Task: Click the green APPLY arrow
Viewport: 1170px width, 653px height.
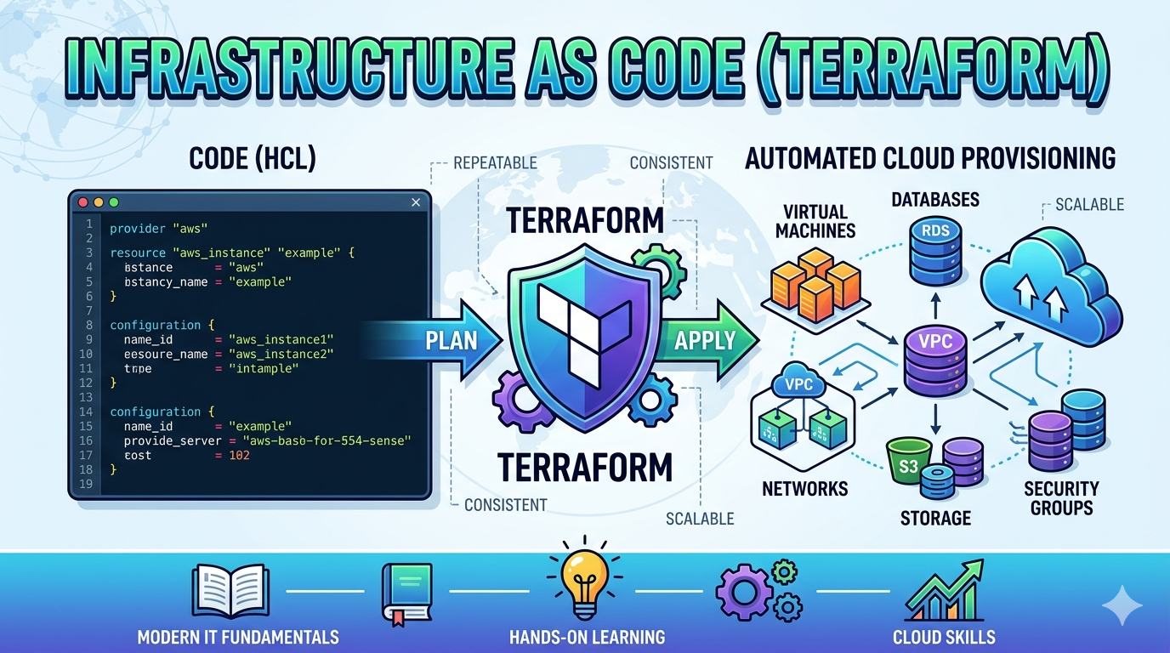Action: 706,341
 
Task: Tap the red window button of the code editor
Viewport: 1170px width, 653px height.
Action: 83,202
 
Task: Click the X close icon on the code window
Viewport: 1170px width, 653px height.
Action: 416,202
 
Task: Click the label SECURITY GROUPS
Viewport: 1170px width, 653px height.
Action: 1060,498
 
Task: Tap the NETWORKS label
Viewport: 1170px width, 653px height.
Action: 804,489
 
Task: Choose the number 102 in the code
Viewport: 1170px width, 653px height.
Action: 239,455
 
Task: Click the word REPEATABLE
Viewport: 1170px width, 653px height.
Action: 495,162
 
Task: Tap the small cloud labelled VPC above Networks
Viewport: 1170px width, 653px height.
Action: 799,385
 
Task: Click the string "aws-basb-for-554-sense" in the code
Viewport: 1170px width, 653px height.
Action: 327,440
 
